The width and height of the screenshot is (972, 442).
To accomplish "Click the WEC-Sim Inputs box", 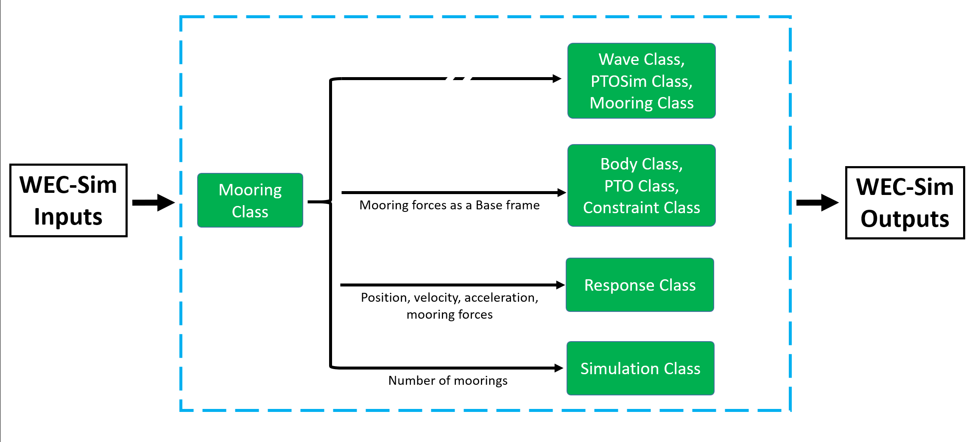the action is coord(68,200).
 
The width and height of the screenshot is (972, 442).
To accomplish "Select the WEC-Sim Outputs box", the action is coord(905,203).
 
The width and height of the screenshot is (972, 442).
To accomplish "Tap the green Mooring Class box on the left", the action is coord(250,200).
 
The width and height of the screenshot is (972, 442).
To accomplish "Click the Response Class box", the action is coord(640,285).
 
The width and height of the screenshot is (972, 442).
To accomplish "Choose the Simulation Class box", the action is coord(640,368).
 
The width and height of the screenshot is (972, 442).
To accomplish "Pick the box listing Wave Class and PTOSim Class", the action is coord(642,81).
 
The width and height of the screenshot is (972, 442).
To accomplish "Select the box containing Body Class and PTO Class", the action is coord(642,186).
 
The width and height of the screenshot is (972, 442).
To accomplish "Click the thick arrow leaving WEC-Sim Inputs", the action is coord(154,203).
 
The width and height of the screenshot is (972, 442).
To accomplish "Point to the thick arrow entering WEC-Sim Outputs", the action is coord(818,203).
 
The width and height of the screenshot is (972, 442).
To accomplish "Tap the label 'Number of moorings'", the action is coord(448,381).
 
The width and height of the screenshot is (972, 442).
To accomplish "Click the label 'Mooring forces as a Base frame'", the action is coord(450,205).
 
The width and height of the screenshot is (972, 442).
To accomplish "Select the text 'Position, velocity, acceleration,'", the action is coord(450,297).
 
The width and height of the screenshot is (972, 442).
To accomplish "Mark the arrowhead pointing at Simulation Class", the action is coord(559,368).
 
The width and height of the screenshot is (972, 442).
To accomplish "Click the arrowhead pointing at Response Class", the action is coord(560,285).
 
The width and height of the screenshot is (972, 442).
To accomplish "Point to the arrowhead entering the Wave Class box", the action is coord(557,78).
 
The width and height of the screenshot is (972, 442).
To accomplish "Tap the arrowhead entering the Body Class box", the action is coord(561,193).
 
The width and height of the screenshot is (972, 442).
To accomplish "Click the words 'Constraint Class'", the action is coord(642,208).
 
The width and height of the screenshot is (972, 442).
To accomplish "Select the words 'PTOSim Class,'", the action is coord(642,81).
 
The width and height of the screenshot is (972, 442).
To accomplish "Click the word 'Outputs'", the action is coord(905,219).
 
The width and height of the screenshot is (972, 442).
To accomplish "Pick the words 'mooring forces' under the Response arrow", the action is coord(450,314).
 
